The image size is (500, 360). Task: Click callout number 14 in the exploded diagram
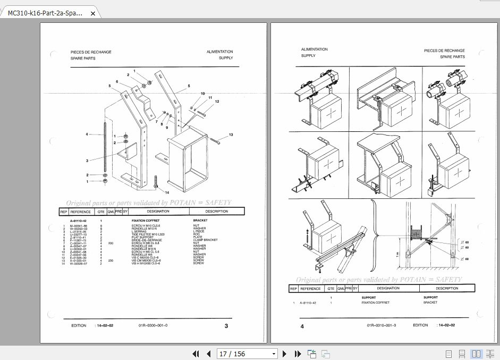(167, 192)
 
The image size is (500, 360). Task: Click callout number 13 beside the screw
(231, 135)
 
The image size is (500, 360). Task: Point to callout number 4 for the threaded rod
(87, 135)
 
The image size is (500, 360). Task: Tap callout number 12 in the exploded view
(217, 101)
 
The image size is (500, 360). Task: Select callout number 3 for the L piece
(87, 160)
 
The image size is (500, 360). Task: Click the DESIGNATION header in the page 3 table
(158, 211)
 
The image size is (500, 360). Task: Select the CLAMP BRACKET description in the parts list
(206, 240)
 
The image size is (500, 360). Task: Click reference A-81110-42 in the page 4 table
(308, 303)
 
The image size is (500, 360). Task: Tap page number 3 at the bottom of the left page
(226, 326)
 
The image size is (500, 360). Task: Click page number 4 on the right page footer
(302, 326)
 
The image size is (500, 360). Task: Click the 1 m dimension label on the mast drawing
(399, 255)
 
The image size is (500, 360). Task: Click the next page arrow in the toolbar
(284, 354)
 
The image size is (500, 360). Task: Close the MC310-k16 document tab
(93, 14)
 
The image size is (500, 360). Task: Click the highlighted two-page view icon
(476, 354)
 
